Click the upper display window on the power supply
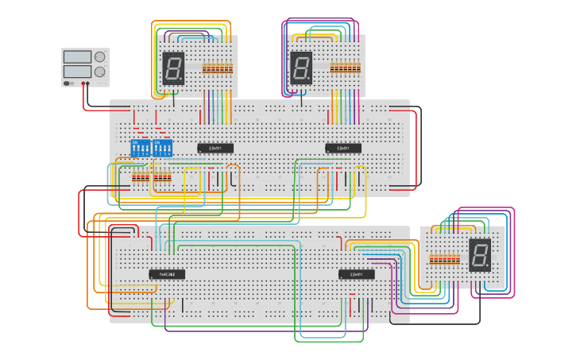[77, 57]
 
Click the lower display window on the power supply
[77, 72]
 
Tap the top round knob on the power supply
[100, 57]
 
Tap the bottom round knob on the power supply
[100, 72]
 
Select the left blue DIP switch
[140, 148]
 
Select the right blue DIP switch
[162, 148]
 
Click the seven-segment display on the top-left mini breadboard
[173, 68]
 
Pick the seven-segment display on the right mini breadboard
[479, 255]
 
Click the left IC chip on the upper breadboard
[215, 148]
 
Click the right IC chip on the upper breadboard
[343, 148]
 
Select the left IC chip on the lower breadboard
[167, 274]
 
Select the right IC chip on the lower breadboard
[357, 274]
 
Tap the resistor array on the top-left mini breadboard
[218, 68]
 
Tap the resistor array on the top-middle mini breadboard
[345, 68]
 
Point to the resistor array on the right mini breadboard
[444, 259]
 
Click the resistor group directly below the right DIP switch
[162, 177]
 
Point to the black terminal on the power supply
[87, 83]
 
